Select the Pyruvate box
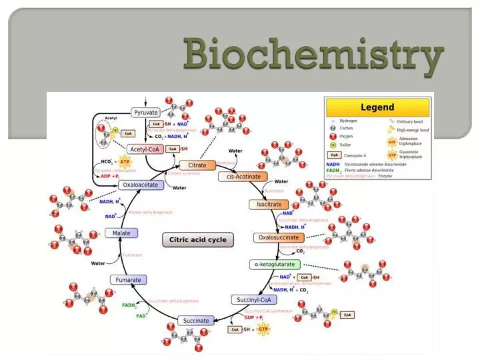[x=146, y=113]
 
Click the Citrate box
[x=197, y=165]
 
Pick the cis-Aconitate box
[x=243, y=177]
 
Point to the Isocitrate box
[x=269, y=205]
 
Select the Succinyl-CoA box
[x=254, y=300]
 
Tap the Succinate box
[x=196, y=321]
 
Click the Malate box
[x=121, y=233]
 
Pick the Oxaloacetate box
[x=141, y=185]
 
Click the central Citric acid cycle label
[x=197, y=239]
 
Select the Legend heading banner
[x=377, y=107]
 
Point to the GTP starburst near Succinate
[x=265, y=329]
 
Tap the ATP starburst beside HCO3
[x=124, y=162]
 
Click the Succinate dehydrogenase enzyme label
[x=173, y=301]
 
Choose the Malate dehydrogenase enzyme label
[x=150, y=212]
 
